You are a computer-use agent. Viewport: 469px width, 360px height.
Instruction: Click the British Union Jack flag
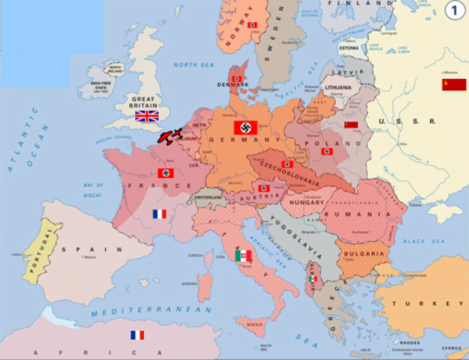point(146,116)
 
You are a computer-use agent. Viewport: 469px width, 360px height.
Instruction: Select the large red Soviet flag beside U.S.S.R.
point(453,84)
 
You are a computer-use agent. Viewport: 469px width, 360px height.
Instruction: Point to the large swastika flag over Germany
point(246,127)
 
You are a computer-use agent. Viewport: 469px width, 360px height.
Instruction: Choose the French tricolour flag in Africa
point(137,335)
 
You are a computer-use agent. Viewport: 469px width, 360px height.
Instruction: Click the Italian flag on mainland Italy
point(244,256)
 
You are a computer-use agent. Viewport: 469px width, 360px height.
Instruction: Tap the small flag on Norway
point(252,25)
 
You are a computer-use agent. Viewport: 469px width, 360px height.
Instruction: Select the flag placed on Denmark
point(237,78)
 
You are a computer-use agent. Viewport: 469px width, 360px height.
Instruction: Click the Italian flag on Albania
point(313,279)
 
